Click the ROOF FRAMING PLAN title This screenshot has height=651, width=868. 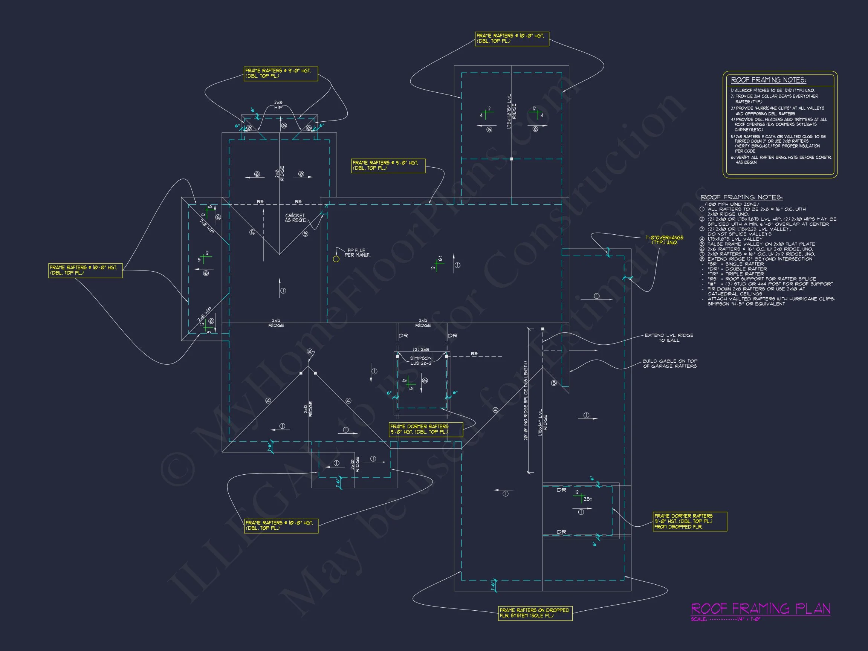[x=760, y=609]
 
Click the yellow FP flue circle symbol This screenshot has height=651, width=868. [x=336, y=259]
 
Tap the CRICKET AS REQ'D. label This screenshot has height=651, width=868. [x=295, y=218]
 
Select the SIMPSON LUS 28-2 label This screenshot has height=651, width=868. [x=421, y=361]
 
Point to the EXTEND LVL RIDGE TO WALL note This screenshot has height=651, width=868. [x=669, y=338]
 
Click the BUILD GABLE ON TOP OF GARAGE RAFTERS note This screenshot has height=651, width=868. [x=669, y=364]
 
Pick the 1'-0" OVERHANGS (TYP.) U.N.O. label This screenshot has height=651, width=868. [x=664, y=240]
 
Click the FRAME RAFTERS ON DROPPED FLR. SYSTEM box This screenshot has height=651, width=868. [x=535, y=613]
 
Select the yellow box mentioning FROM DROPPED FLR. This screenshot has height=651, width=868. [x=690, y=521]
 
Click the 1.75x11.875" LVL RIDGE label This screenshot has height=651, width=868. [x=512, y=112]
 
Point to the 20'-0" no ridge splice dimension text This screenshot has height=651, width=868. [x=526, y=400]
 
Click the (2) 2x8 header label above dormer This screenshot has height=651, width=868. [x=421, y=350]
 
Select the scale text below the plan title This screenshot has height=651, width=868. [x=726, y=619]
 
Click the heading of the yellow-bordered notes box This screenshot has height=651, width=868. [x=768, y=80]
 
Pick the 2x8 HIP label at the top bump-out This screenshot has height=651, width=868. [x=278, y=105]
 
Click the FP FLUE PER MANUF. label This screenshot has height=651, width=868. [x=357, y=253]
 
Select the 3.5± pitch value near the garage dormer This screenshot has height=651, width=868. [x=587, y=499]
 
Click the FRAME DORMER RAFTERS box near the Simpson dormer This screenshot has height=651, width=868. [x=426, y=429]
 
